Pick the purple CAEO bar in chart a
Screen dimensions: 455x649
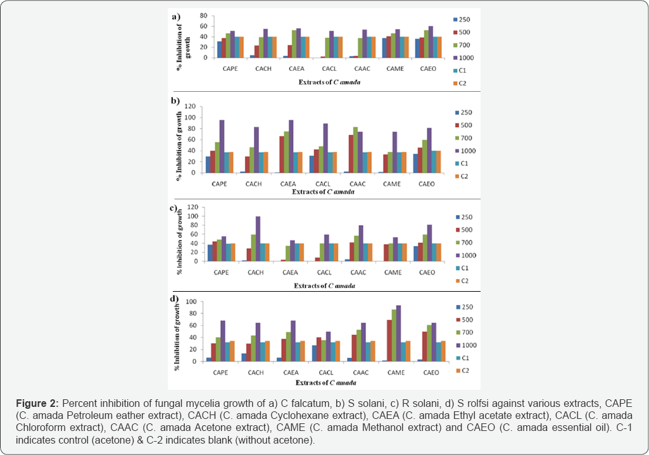pyautogui.click(x=431, y=42)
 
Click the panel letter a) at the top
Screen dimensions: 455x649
pyautogui.click(x=177, y=17)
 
